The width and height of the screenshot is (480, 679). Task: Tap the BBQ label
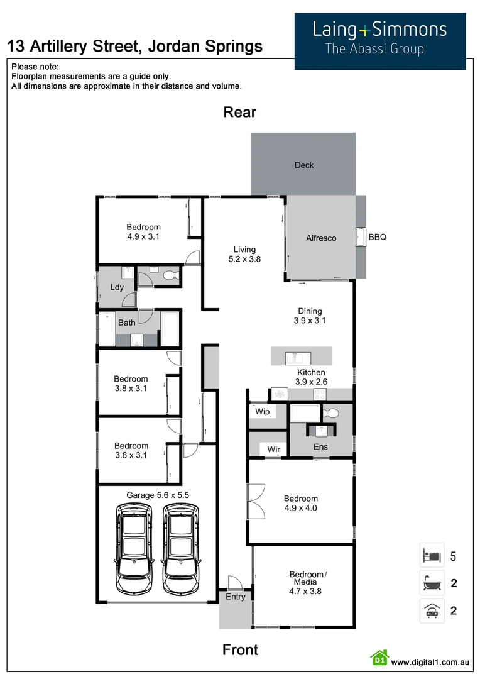tap(377, 237)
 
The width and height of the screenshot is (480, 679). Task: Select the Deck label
tap(303, 165)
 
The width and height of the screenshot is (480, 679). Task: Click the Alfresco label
tap(321, 238)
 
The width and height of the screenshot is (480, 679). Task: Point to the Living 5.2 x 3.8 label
tap(244, 253)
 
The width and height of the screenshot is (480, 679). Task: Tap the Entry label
tap(236, 597)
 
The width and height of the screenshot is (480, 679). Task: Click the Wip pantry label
tap(262, 412)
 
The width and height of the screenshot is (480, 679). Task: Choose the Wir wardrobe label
tap(273, 450)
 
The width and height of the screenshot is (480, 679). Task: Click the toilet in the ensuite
tap(331, 413)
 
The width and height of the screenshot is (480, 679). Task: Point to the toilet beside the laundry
tap(168, 275)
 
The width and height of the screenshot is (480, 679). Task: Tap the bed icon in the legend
tap(432, 556)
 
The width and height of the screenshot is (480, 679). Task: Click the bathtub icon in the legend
tap(432, 583)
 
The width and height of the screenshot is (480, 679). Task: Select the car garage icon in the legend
tap(432, 610)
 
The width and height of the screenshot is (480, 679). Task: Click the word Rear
tap(240, 113)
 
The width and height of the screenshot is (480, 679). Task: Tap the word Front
tap(240, 649)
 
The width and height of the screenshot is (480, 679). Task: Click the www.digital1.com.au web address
tap(430, 662)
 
